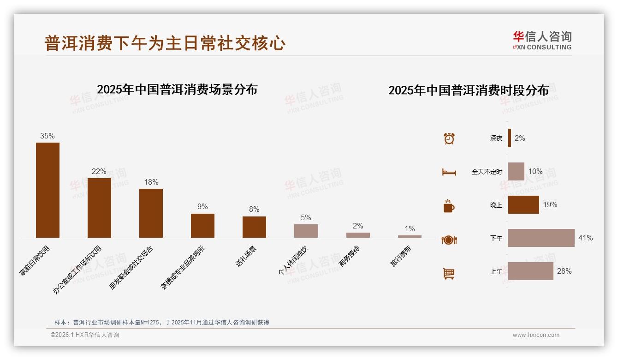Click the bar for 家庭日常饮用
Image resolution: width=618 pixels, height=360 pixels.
click(x=48, y=190)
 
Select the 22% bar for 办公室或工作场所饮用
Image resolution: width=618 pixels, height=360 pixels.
click(x=99, y=208)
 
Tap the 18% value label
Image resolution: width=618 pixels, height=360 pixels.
click(x=151, y=182)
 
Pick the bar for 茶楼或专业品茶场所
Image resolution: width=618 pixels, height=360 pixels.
click(x=202, y=225)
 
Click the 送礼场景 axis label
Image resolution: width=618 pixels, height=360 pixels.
click(x=246, y=256)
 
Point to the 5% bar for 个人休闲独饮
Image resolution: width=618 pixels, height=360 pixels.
click(x=306, y=231)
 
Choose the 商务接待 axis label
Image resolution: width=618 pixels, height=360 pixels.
click(x=349, y=257)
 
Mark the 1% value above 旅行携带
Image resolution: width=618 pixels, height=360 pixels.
click(x=410, y=228)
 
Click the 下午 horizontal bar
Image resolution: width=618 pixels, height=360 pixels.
click(x=541, y=238)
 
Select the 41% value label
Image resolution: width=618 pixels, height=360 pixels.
click(x=585, y=238)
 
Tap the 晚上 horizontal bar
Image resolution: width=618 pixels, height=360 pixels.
click(x=523, y=204)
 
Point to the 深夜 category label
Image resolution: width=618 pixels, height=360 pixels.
click(x=496, y=138)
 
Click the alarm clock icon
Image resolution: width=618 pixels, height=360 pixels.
click(x=449, y=138)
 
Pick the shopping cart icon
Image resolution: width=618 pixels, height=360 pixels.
click(x=449, y=273)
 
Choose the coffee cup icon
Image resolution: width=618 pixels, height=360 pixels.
click(x=449, y=206)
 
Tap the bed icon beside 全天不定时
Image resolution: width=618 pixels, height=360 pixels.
click(x=449, y=172)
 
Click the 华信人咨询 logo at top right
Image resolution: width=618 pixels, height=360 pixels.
click(x=542, y=41)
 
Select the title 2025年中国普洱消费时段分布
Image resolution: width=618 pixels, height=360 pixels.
click(x=469, y=90)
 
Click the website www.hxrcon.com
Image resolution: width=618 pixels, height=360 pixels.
click(x=536, y=335)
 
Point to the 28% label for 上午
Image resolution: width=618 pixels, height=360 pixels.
click(x=564, y=271)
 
